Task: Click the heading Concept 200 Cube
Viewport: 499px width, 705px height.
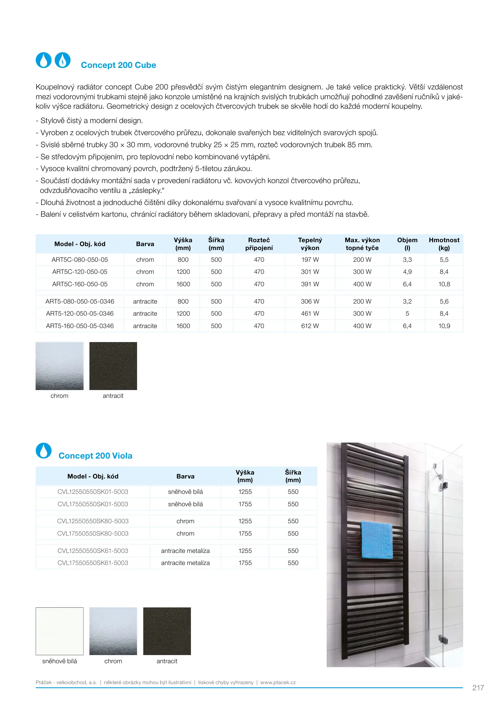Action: tap(118, 65)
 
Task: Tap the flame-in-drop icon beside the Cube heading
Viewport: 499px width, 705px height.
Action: tap(63, 60)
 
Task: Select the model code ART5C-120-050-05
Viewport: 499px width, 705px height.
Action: tap(80, 272)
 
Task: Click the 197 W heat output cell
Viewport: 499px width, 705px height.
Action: tap(310, 260)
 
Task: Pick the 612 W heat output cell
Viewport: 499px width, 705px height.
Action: tap(310, 326)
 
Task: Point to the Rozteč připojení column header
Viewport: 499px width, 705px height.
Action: tap(259, 244)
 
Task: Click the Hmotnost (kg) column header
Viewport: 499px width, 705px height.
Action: tap(444, 244)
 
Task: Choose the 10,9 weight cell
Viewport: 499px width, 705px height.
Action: tap(444, 326)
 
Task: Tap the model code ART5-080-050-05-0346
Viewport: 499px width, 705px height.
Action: tap(80, 302)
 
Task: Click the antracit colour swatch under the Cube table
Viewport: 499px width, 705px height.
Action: tap(113, 366)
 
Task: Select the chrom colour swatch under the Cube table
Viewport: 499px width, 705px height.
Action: tap(59, 366)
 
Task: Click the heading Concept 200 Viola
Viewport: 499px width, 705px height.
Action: tap(95, 456)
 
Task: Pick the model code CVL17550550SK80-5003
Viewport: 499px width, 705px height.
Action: tap(93, 533)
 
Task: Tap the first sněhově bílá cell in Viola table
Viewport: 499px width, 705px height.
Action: tap(185, 492)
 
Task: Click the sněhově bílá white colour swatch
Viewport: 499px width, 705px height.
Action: tap(59, 631)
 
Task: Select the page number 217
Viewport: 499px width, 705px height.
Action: tap(478, 688)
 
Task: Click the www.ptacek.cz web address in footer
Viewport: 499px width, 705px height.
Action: tap(278, 682)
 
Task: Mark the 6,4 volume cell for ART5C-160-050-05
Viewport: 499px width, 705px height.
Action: tap(407, 284)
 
